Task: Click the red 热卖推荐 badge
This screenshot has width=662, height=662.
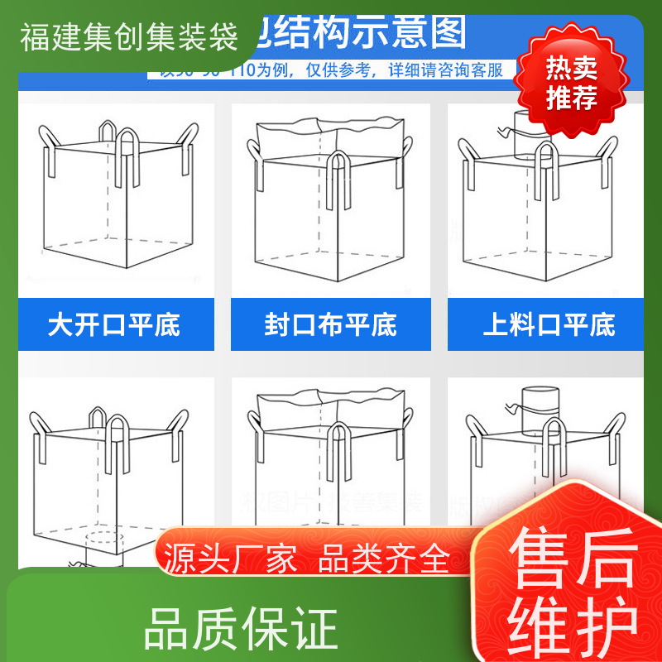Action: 572,83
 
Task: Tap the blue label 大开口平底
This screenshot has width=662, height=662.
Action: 114,324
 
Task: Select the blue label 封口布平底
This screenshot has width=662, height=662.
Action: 331,324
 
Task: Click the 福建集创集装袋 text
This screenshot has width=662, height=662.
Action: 129,37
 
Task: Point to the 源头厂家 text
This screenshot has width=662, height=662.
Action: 231,560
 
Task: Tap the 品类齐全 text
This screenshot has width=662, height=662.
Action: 384,560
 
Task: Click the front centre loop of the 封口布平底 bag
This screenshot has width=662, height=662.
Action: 338,178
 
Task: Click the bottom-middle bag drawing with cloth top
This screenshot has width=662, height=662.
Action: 331,455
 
